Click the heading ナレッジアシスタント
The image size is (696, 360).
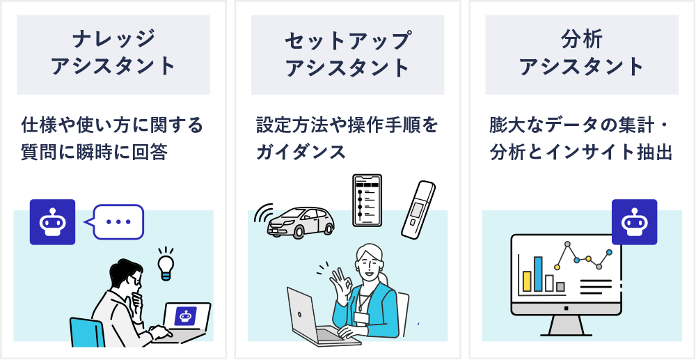(x=113, y=54)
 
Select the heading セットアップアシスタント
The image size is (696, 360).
(x=347, y=54)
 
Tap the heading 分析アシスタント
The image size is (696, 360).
(x=582, y=54)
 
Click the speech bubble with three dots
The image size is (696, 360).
(x=117, y=222)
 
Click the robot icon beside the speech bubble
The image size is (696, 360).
(x=52, y=222)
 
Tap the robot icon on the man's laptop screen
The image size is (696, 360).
(x=185, y=315)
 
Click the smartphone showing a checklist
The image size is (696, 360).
(x=367, y=199)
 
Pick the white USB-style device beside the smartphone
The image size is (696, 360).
(x=418, y=209)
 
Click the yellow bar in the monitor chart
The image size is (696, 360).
(x=527, y=281)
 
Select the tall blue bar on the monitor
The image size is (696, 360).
(x=538, y=274)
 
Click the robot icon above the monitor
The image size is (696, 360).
(x=634, y=222)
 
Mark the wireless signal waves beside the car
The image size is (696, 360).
(x=263, y=216)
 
